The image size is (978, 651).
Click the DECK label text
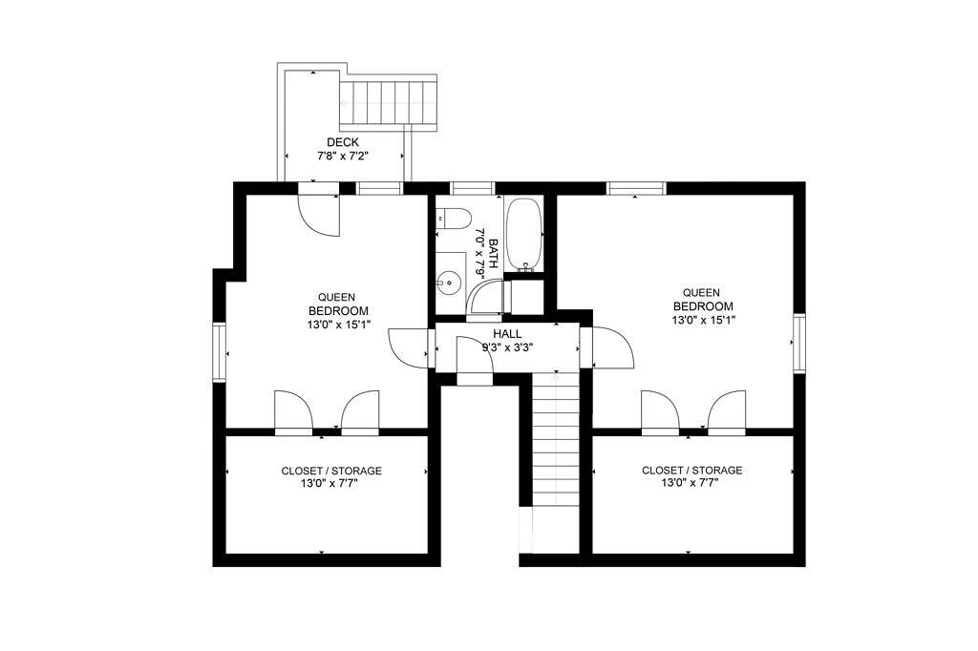tap(343, 142)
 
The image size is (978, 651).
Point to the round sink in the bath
tap(448, 283)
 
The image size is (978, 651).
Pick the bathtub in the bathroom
tap(523, 232)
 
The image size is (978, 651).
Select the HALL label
tap(507, 333)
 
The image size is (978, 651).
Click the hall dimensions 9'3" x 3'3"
tap(507, 346)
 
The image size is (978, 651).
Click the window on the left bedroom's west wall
tap(219, 352)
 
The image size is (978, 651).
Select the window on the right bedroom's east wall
tap(799, 343)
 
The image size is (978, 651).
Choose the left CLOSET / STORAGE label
tap(331, 471)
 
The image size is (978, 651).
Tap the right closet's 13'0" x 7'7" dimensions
tap(691, 483)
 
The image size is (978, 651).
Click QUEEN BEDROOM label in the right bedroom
tap(703, 300)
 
